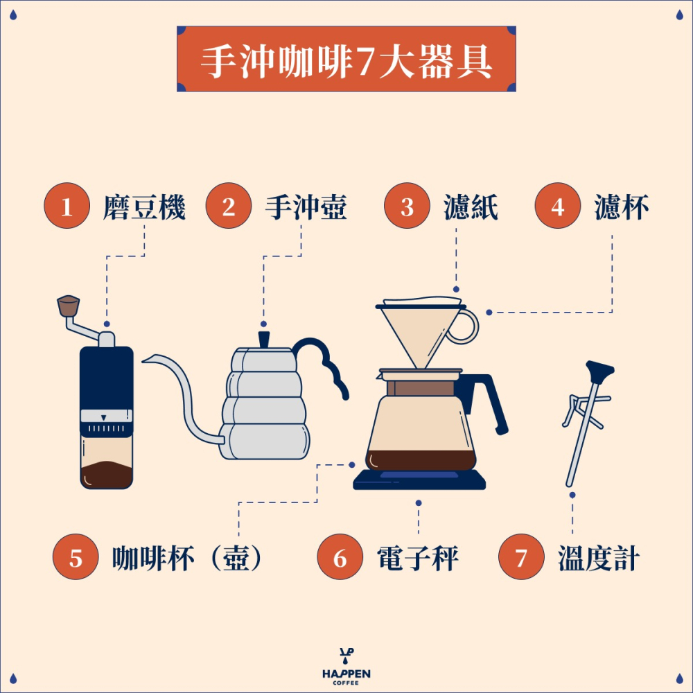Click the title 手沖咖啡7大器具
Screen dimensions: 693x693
(346, 61)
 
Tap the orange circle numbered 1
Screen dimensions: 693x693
(67, 207)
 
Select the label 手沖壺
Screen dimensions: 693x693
(305, 207)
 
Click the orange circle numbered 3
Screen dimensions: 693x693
(407, 207)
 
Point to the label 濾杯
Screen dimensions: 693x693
(621, 207)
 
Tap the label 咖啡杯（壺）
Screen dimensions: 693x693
(188, 559)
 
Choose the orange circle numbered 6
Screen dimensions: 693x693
(340, 559)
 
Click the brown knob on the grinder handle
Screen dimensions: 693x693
(68, 305)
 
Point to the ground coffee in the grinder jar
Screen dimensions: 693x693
(106, 475)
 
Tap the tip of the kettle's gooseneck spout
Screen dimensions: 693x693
(146, 358)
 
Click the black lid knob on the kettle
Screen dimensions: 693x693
(264, 340)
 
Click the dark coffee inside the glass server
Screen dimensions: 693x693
(421, 459)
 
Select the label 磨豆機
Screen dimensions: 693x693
(144, 207)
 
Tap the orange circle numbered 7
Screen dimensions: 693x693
(521, 559)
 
